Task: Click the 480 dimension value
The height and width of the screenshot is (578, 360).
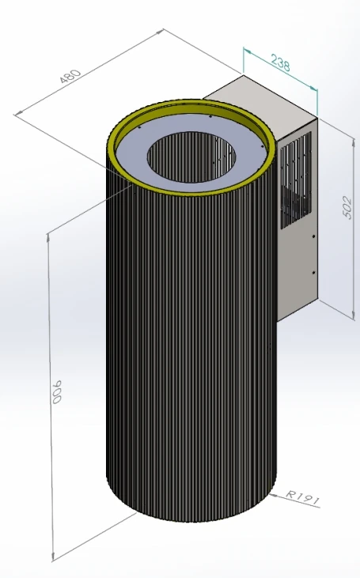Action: [x=70, y=77]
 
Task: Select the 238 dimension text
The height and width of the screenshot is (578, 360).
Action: [x=280, y=62]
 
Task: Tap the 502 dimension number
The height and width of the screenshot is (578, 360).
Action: [x=347, y=207]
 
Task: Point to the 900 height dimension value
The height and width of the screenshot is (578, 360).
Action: [x=57, y=392]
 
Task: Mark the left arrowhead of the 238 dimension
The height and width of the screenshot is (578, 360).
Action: [x=247, y=51]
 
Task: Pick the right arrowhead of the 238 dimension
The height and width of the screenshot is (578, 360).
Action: [x=313, y=88]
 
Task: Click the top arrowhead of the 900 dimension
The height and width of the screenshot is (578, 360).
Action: [x=48, y=237]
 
